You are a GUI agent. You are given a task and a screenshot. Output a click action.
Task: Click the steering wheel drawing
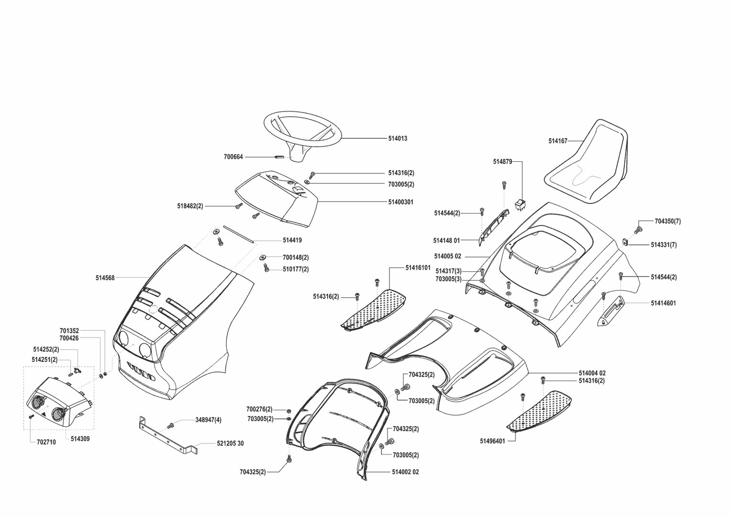302,130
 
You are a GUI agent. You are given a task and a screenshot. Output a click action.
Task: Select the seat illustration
587,163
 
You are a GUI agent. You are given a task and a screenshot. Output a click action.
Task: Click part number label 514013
398,138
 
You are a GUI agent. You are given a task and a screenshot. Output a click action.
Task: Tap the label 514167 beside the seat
558,141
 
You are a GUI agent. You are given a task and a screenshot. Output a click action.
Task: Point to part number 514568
105,278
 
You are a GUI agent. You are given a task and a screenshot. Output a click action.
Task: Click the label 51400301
400,202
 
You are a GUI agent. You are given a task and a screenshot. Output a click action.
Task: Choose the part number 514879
502,162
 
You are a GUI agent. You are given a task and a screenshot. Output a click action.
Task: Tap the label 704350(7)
667,221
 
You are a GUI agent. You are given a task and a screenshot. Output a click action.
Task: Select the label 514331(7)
664,245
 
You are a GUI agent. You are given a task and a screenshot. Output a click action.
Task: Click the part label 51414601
663,303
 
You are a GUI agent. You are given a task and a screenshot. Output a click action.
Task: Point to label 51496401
492,441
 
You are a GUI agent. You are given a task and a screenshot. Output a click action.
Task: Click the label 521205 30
230,444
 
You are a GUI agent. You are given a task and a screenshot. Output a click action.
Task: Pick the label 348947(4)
208,420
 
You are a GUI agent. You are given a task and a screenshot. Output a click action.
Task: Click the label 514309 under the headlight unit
80,438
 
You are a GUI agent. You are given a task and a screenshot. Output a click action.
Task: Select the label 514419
292,240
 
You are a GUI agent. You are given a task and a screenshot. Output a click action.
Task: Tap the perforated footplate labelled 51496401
541,410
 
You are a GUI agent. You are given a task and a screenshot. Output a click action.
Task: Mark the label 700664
233,157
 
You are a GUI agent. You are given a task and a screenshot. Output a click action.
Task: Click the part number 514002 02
405,472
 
